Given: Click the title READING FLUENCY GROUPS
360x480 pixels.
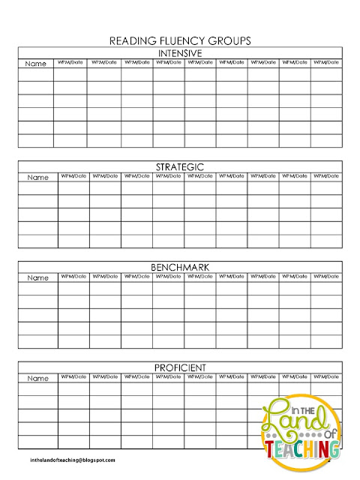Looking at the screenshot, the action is [180, 41].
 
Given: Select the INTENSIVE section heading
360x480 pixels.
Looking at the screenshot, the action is [180, 52].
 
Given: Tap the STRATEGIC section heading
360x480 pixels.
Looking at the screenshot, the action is [180, 166].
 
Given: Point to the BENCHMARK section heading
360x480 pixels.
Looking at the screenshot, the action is [180, 267].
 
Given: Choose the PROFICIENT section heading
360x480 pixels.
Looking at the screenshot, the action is [180, 367].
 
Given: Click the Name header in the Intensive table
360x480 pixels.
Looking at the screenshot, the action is [37, 64].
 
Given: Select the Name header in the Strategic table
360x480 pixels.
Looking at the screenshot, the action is [37, 178].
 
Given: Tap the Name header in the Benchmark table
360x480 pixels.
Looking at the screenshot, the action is [37, 278].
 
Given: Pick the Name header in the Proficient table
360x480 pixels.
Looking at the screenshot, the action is [37, 379].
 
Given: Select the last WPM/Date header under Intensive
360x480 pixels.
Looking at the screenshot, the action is [326, 62].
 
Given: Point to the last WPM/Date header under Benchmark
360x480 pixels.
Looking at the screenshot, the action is [326, 276].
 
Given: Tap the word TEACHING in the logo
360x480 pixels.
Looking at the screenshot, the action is [301, 451].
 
